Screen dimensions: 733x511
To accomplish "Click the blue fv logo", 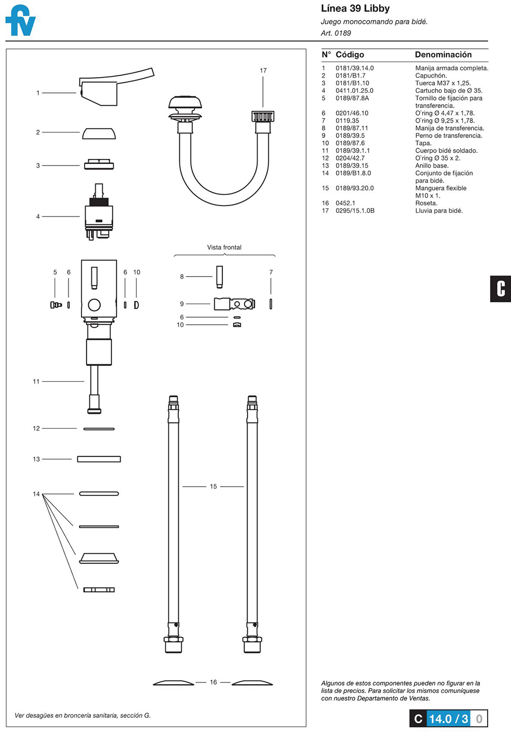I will pos(20,21).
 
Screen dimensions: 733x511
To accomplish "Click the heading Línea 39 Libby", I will pos(355,8).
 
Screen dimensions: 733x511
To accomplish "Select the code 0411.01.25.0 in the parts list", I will pos(354,90).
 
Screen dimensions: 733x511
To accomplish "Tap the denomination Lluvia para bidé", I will pos(439,211).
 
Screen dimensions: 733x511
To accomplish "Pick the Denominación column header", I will pos(443,55).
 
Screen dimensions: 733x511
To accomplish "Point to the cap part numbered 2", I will pos(99,133).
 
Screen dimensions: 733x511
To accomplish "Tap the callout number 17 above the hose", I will pos(263,70).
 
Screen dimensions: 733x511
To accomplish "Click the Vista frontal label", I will pos(224,247).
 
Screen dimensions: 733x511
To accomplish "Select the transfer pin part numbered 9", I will pos(234,304).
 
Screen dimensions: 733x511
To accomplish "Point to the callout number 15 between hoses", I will pos(213,486).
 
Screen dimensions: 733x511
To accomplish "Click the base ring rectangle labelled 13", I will pos(99,459).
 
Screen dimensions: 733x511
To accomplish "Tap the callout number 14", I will pos(36,494).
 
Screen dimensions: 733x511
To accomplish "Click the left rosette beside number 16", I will pos(173,683).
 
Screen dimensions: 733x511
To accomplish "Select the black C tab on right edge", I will pos(500,289).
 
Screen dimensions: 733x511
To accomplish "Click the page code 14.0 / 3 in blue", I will pos(448,718).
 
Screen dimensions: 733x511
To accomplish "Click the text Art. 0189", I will pos(336,33).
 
